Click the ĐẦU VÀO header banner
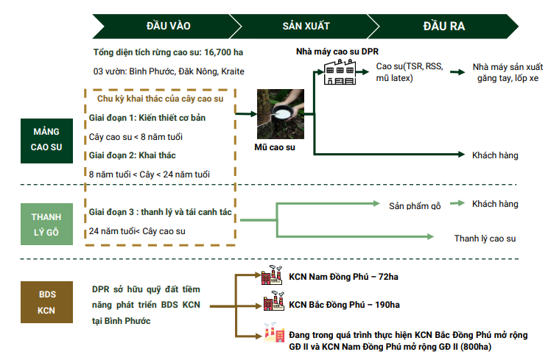tap(168, 26)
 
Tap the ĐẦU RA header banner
tap(443, 26)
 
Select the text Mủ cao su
tap(274, 148)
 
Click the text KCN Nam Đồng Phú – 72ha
tap(343, 278)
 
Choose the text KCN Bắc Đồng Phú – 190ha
tap(344, 304)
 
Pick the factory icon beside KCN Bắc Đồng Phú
tap(273, 303)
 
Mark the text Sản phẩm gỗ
tap(415, 205)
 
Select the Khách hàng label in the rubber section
tap(495, 155)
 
